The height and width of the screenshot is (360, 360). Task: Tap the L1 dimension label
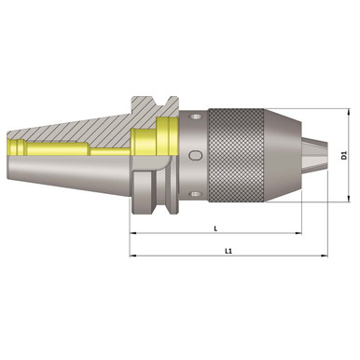(229, 250)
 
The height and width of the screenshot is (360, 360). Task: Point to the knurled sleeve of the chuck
(253, 154)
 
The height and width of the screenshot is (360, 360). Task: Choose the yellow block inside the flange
(153, 140)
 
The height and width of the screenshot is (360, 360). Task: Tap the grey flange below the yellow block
(153, 187)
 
